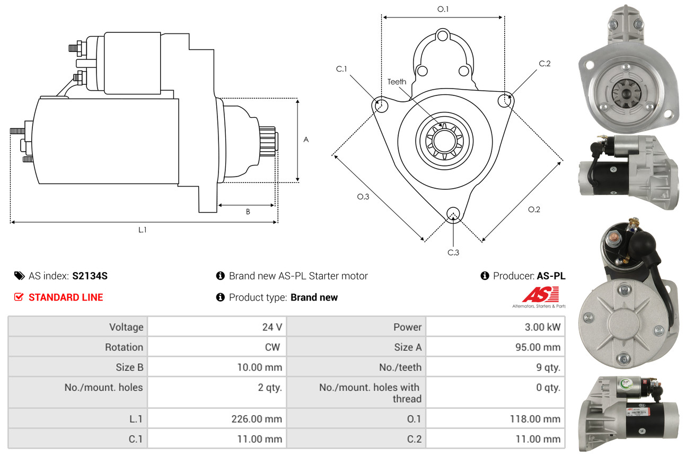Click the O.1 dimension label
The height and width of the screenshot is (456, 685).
[443, 9]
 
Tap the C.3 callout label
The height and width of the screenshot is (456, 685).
[453, 252]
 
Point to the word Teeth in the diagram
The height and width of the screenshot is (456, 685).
[397, 82]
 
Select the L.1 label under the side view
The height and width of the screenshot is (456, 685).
[143, 230]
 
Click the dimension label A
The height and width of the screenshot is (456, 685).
[306, 140]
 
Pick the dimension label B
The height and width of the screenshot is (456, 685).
[248, 212]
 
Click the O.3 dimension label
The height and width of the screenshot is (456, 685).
[363, 197]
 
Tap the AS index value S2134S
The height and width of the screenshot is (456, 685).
[90, 276]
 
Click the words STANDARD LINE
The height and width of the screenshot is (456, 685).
[66, 297]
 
